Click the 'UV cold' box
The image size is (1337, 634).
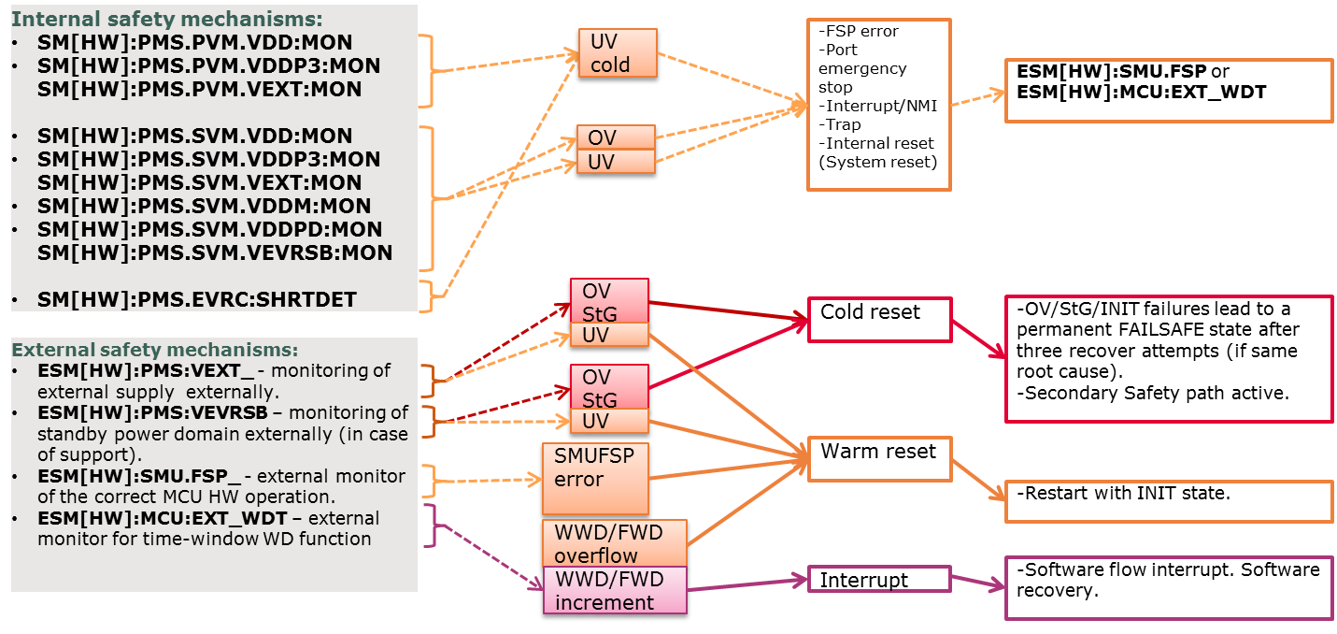pos(617,52)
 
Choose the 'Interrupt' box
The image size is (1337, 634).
pos(878,580)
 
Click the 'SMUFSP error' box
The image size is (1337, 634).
pos(595,478)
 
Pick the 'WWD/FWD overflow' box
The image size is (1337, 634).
pos(614,543)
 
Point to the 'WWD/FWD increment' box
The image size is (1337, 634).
pos(614,590)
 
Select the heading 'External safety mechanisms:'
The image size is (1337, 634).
pos(154,350)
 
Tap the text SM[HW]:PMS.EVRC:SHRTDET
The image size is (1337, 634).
pos(197,300)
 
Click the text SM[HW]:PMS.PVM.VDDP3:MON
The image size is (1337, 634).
pos(208,66)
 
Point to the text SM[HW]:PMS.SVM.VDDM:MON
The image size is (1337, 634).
pos(204,207)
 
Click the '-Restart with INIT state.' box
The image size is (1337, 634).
pos(1168,501)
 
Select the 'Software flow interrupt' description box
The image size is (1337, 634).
pos(1168,588)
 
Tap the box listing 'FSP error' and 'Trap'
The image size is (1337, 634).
pos(878,105)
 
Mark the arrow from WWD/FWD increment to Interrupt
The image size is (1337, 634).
pos(747,583)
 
